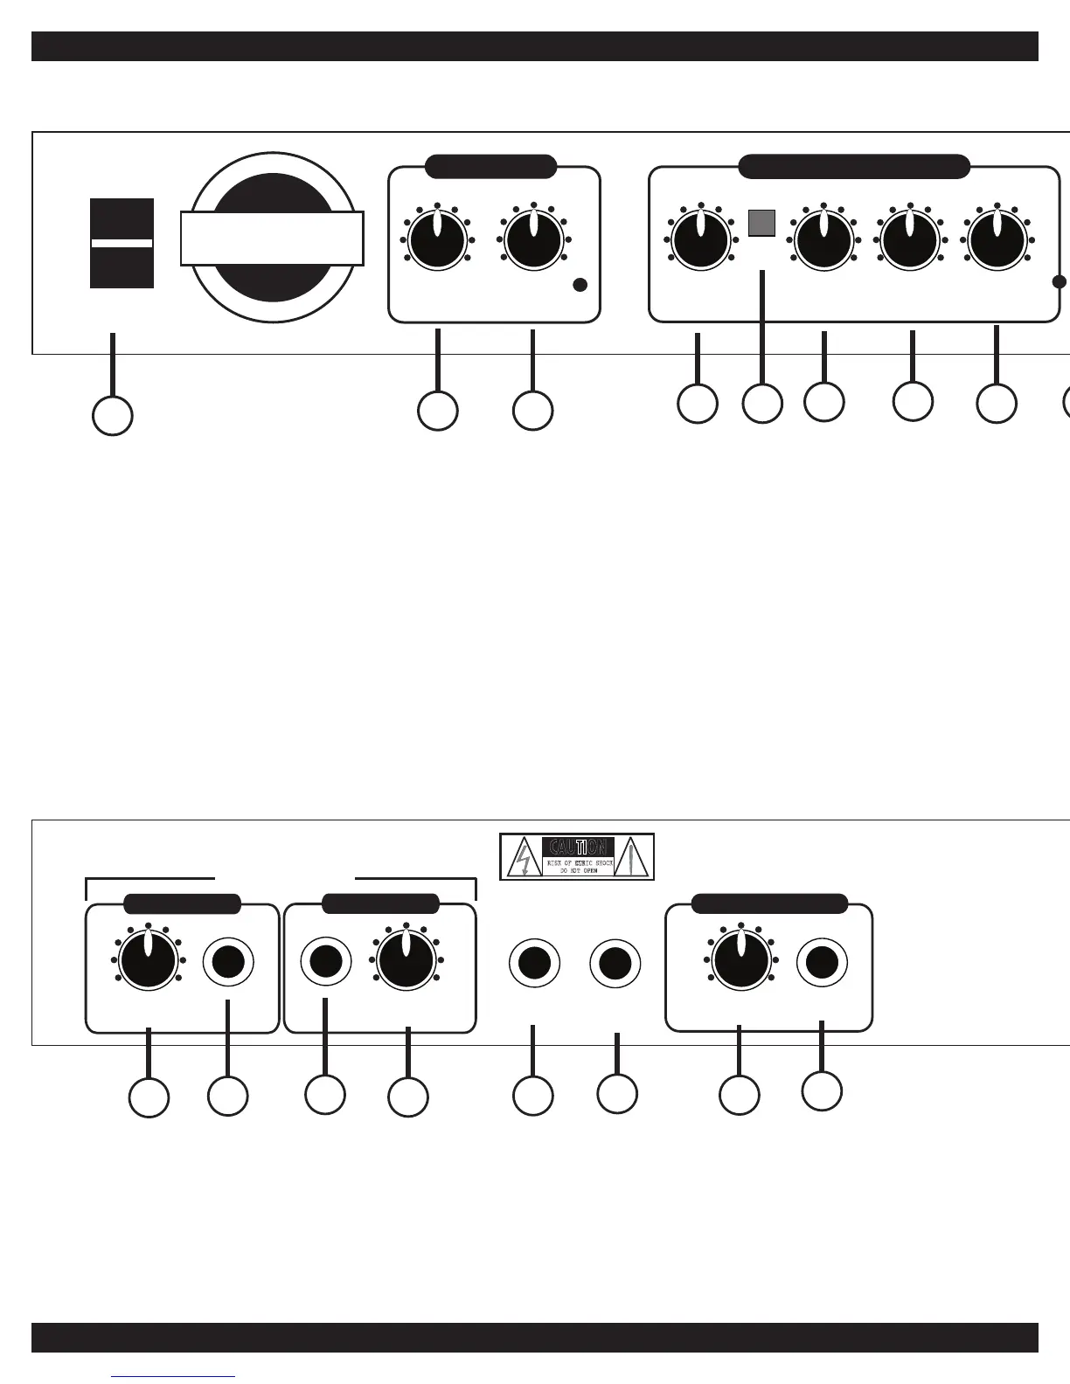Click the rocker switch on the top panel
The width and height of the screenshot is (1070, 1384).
(x=122, y=243)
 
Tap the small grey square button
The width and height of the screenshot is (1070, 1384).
(x=761, y=223)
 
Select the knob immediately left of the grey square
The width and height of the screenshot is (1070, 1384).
(x=700, y=238)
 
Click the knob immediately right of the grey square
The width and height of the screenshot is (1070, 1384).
(x=823, y=239)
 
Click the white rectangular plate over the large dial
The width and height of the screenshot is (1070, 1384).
(x=272, y=238)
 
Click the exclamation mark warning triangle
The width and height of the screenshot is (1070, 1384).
(x=635, y=858)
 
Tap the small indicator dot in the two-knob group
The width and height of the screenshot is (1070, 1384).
(x=580, y=285)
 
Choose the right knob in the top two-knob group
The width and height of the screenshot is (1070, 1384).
(x=533, y=239)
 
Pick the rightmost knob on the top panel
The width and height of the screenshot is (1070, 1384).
(x=997, y=239)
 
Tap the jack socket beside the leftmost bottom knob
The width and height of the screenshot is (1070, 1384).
(x=228, y=962)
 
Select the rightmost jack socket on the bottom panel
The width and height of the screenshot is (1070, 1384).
(x=822, y=962)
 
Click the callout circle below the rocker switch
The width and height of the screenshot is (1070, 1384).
(x=113, y=416)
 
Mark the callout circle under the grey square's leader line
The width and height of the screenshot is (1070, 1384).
(x=762, y=404)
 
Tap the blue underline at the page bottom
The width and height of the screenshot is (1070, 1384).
(x=174, y=1378)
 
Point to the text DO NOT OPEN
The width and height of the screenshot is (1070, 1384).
(x=578, y=871)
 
